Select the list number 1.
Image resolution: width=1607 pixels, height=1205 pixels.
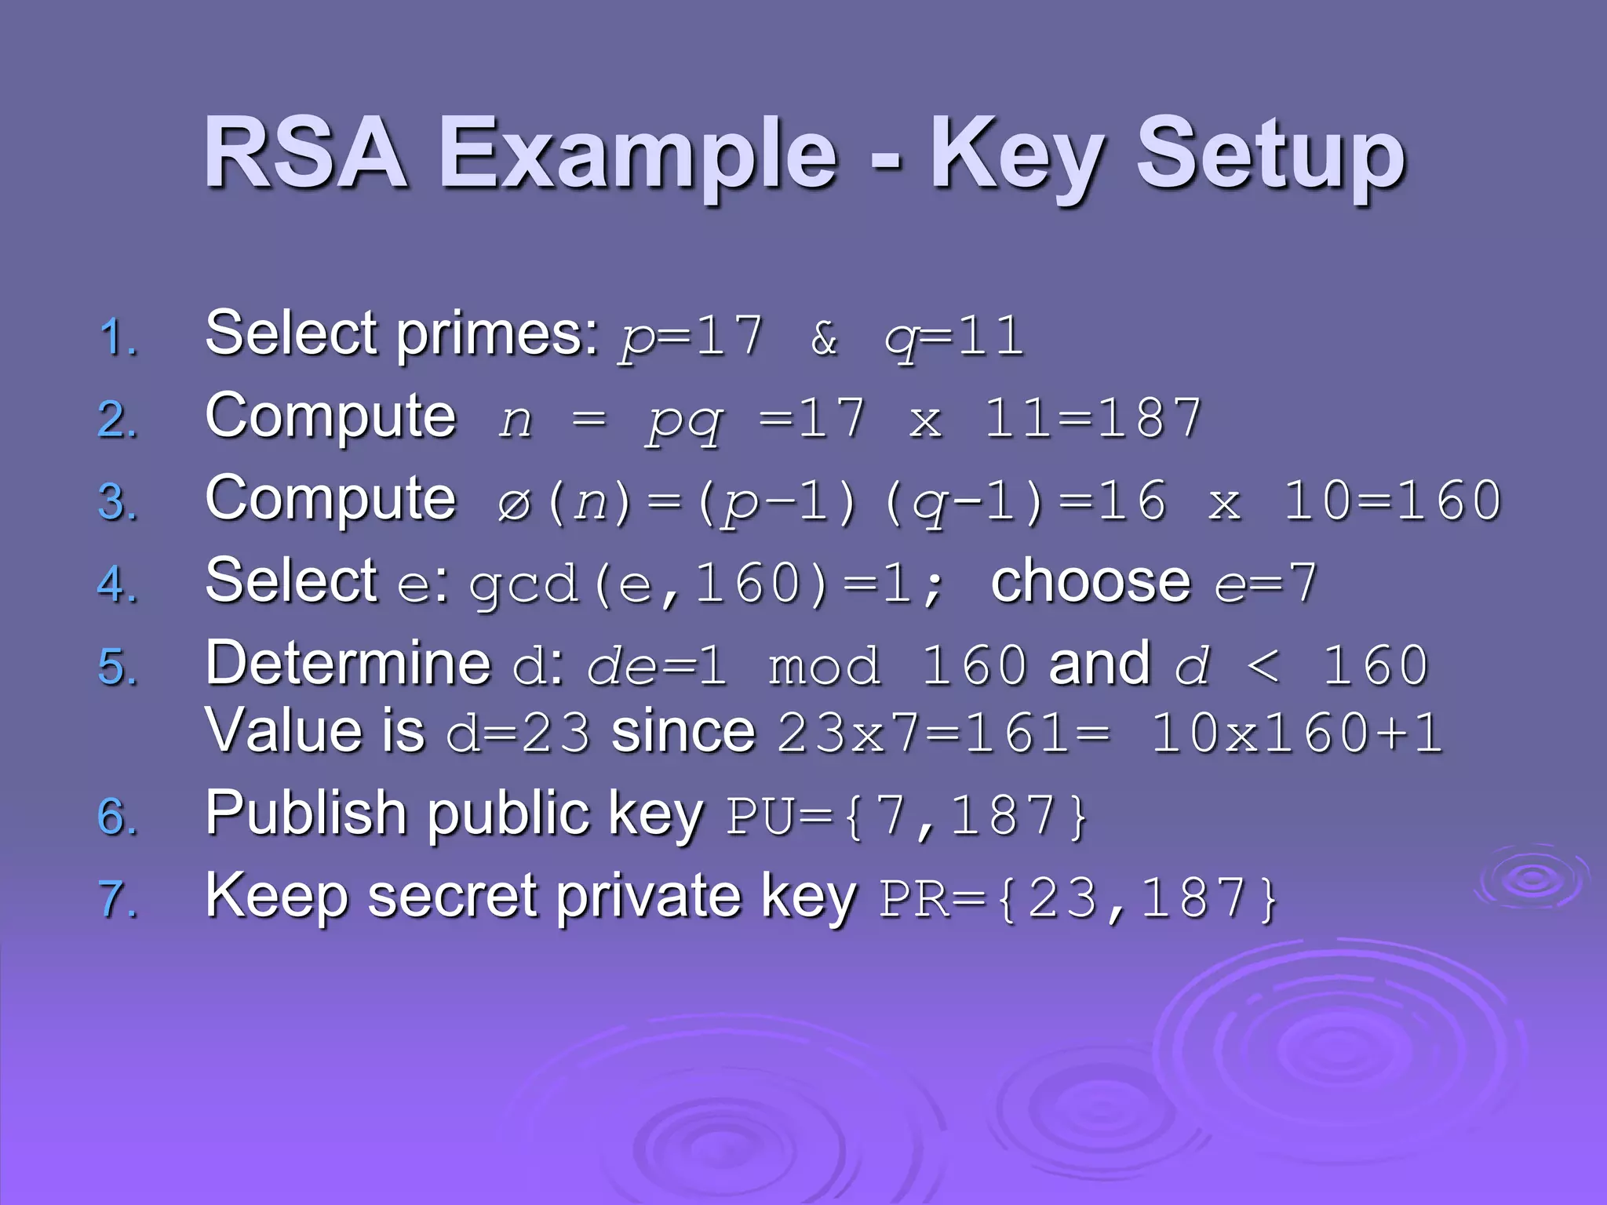(118, 338)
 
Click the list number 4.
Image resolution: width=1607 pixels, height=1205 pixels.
(118, 585)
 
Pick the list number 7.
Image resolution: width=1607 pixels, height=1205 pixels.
(118, 899)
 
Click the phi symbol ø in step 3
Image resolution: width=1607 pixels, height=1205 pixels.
(514, 504)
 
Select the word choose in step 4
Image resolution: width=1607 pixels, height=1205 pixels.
(1091, 582)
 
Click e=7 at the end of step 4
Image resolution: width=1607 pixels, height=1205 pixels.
(1266, 584)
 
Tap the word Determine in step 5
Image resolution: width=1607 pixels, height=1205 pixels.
(348, 664)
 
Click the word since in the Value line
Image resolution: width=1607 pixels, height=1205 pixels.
(683, 732)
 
